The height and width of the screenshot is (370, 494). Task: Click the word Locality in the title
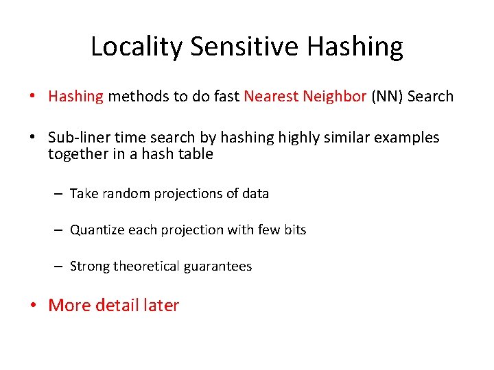137,47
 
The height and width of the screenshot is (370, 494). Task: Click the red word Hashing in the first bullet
75,97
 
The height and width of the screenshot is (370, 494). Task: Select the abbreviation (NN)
387,97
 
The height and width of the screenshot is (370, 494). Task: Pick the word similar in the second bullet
356,138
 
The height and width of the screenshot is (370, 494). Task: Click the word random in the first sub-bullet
126,194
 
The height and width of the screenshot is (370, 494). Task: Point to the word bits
294,230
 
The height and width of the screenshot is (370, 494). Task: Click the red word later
161,306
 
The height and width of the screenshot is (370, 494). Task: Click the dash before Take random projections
60,195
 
